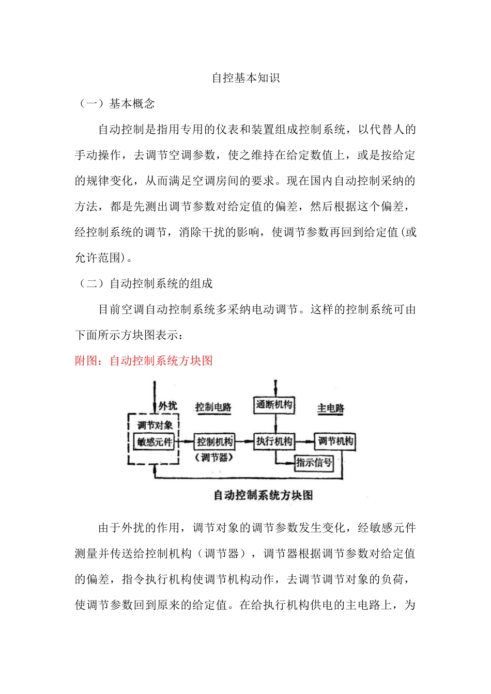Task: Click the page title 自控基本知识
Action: pyautogui.click(x=245, y=78)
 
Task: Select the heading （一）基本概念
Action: pyautogui.click(x=115, y=104)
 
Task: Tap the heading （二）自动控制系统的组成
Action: pyautogui.click(x=144, y=283)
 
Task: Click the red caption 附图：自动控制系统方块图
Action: pyautogui.click(x=144, y=360)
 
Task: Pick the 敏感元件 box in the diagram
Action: pyautogui.click(x=155, y=443)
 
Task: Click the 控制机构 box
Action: pyautogui.click(x=214, y=442)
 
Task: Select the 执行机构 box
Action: pyautogui.click(x=274, y=441)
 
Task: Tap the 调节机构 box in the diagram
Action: pyautogui.click(x=335, y=441)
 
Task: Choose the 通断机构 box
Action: pyautogui.click(x=274, y=405)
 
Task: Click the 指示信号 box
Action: pyautogui.click(x=314, y=463)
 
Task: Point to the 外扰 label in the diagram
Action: pyautogui.click(x=167, y=406)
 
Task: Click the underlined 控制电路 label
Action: pyautogui.click(x=213, y=407)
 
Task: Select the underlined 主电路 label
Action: pyautogui.click(x=330, y=408)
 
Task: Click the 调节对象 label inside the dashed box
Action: pyautogui.click(x=155, y=425)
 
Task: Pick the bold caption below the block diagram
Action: pyautogui.click(x=263, y=495)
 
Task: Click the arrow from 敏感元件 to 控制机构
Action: pyautogui.click(x=185, y=442)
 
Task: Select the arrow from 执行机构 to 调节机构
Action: pyautogui.click(x=305, y=441)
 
